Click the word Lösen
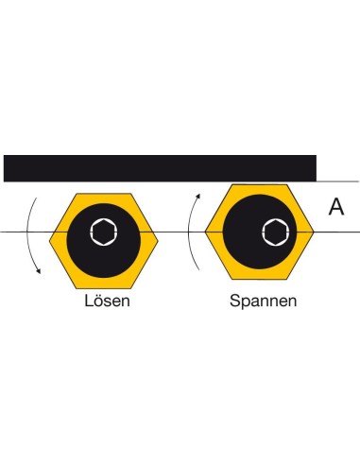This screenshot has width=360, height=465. [107, 301]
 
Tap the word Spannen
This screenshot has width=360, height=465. [263, 301]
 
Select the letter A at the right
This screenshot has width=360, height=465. [336, 207]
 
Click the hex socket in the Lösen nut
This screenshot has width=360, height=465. [104, 232]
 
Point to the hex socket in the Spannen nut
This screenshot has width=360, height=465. [276, 232]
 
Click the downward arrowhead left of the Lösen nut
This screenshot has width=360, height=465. [39, 271]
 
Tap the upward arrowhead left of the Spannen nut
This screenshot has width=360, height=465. [198, 196]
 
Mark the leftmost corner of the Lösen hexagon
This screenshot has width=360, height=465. [49, 241]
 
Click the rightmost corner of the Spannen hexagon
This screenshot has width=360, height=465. [314, 232]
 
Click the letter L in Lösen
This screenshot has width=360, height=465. [88, 301]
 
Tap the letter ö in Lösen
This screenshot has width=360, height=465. [98, 301]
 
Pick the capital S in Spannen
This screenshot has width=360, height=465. [234, 301]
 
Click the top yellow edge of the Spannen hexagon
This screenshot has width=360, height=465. [260, 185]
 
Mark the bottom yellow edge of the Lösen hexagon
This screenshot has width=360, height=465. [104, 288]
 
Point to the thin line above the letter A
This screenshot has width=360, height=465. [337, 181]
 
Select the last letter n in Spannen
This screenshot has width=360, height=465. [292, 302]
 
